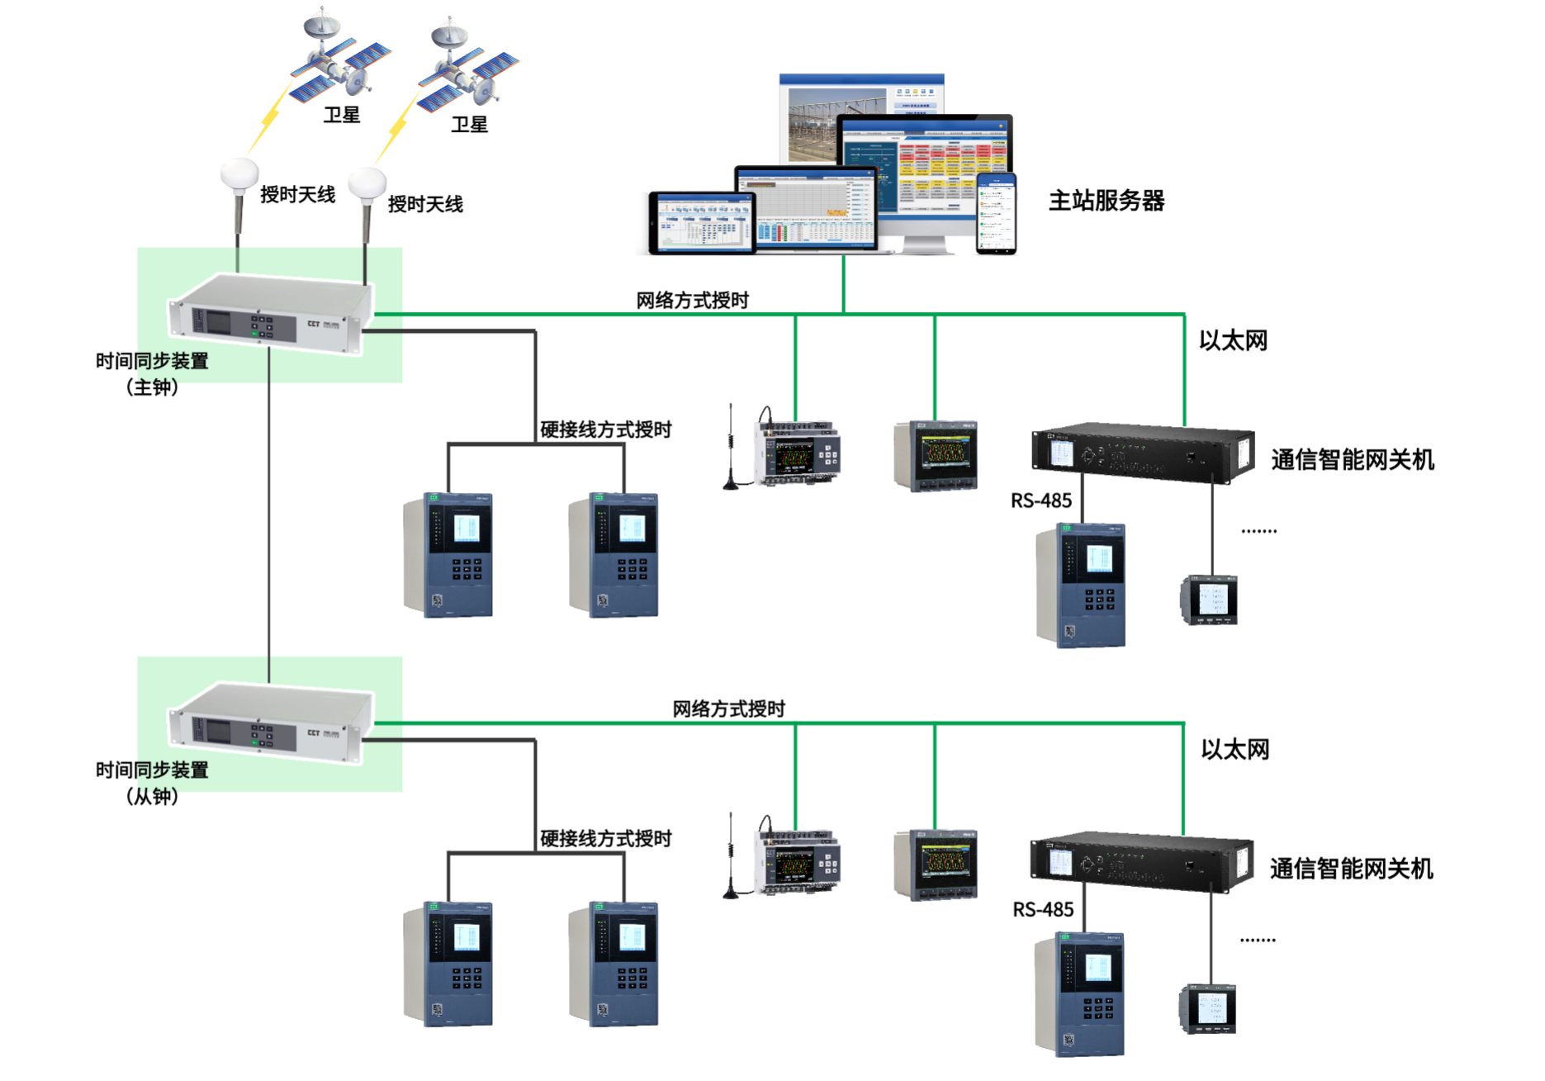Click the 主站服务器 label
tap(1106, 201)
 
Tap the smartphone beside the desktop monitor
tap(997, 213)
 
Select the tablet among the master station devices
tap(702, 222)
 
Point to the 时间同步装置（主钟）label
tap(152, 373)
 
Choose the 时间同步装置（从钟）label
tap(152, 783)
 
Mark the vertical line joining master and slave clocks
tap(269, 512)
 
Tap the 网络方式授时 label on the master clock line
tap(692, 301)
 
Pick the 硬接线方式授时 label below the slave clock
tap(605, 839)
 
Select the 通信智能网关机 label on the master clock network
tap(1353, 460)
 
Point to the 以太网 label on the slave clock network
tap(1235, 750)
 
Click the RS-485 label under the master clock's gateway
tap(1041, 500)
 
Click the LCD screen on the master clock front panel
tap(218, 320)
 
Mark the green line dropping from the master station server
tap(843, 283)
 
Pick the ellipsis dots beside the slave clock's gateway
tap(1258, 940)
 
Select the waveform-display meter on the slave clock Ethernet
tap(936, 864)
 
